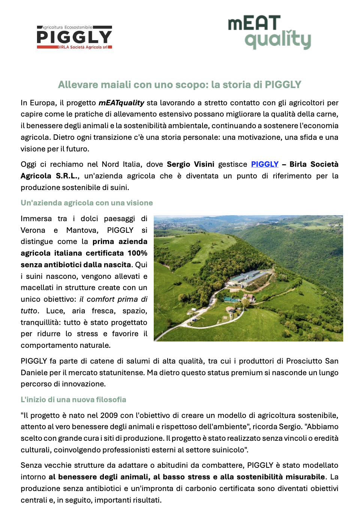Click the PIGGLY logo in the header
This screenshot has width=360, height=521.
pos(74,37)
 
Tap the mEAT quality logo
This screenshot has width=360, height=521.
pos(269,33)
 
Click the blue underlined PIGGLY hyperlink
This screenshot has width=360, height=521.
pos(265,164)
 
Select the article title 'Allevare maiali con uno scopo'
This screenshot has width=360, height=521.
pos(180,85)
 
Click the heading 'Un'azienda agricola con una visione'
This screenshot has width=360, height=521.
pos(87,203)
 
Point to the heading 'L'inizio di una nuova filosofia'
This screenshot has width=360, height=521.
pos(73,400)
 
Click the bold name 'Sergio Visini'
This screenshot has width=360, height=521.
pos(190,164)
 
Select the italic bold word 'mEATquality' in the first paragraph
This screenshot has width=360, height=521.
pos(121,103)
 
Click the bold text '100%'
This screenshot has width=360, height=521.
pos(137,253)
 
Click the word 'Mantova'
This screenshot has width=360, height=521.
pos(82,230)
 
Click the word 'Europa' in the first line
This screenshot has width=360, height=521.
pos(43,103)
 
